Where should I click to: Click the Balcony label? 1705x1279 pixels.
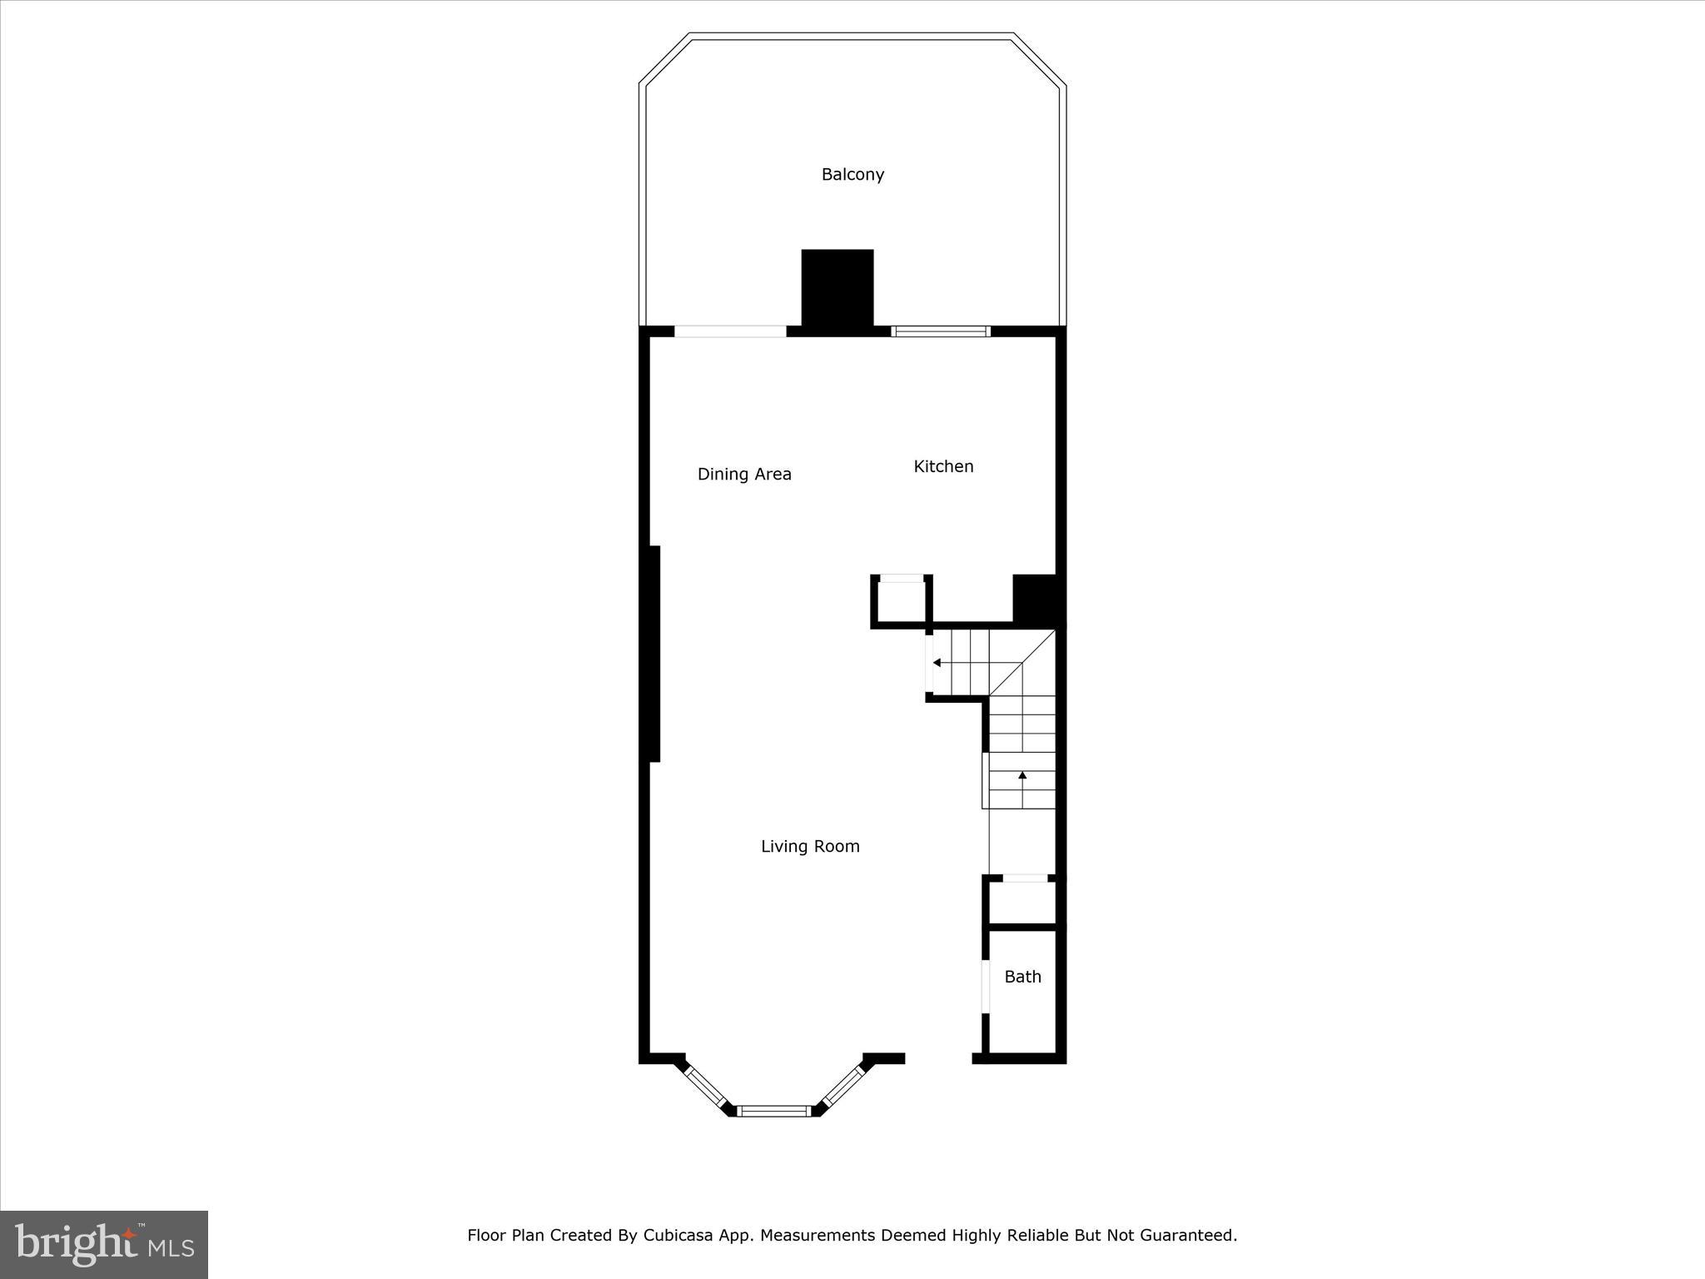(852, 175)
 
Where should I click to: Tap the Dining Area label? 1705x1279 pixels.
(744, 475)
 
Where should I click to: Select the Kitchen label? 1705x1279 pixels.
(943, 467)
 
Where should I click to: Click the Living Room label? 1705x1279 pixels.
(810, 847)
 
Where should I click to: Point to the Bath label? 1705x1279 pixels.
(1022, 978)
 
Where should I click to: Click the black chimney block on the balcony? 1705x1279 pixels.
(838, 287)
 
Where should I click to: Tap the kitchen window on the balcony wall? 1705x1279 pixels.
(941, 331)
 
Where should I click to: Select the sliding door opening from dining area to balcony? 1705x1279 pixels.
(730, 331)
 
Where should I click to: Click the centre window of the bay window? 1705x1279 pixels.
(774, 1111)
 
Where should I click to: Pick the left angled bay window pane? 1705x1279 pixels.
(705, 1087)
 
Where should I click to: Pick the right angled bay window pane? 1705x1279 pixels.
(843, 1087)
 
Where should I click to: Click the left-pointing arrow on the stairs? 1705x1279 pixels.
(937, 663)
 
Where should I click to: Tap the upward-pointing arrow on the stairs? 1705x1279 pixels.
(1022, 776)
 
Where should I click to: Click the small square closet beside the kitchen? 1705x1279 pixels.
(902, 602)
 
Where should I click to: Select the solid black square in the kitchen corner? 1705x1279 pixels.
(1034, 598)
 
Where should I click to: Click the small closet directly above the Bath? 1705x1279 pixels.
(1022, 902)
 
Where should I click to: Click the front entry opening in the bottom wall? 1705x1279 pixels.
(938, 1058)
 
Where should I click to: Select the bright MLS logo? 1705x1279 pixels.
(104, 1244)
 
